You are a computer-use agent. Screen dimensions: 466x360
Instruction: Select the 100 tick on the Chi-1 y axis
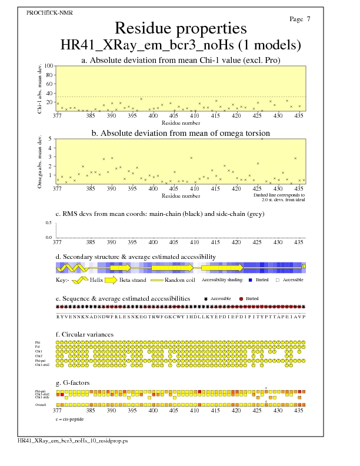pos(49,66)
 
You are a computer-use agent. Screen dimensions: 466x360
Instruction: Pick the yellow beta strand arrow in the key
pos(109,280)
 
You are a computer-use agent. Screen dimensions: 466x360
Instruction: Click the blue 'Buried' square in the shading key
pos(251,280)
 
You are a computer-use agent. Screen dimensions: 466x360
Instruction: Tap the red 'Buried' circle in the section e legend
pos(242,299)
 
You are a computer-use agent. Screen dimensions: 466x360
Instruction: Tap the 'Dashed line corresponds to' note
pos(279,194)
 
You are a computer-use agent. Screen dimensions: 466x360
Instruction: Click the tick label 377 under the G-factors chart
pos(57,411)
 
